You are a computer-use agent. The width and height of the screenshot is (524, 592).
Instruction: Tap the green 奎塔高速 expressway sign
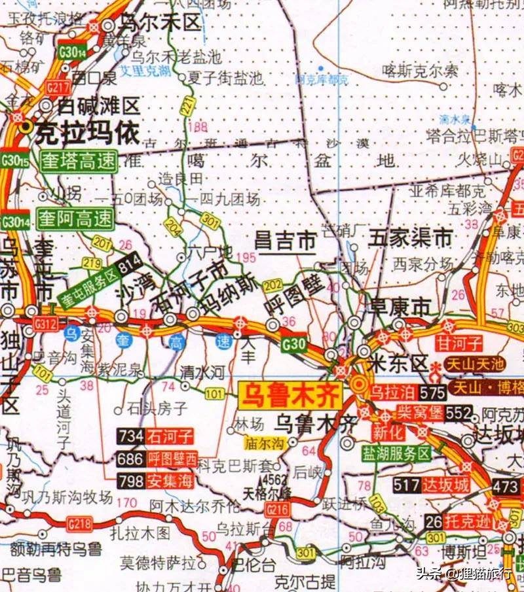[x=78, y=161]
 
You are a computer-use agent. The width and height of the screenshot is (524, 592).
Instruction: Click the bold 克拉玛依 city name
[x=87, y=133]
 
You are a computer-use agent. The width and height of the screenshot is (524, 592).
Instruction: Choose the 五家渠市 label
[x=411, y=237]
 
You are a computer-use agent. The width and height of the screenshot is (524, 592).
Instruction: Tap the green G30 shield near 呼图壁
[x=295, y=341]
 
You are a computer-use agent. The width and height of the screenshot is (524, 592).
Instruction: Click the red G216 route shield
[x=277, y=508]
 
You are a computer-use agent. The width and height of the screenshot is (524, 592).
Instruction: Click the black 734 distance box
[x=131, y=436]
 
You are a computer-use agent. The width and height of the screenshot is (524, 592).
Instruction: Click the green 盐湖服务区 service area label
[x=398, y=453]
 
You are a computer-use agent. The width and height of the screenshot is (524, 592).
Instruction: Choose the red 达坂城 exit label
[x=445, y=485]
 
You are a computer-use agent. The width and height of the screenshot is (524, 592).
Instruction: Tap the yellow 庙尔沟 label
[x=265, y=444]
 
